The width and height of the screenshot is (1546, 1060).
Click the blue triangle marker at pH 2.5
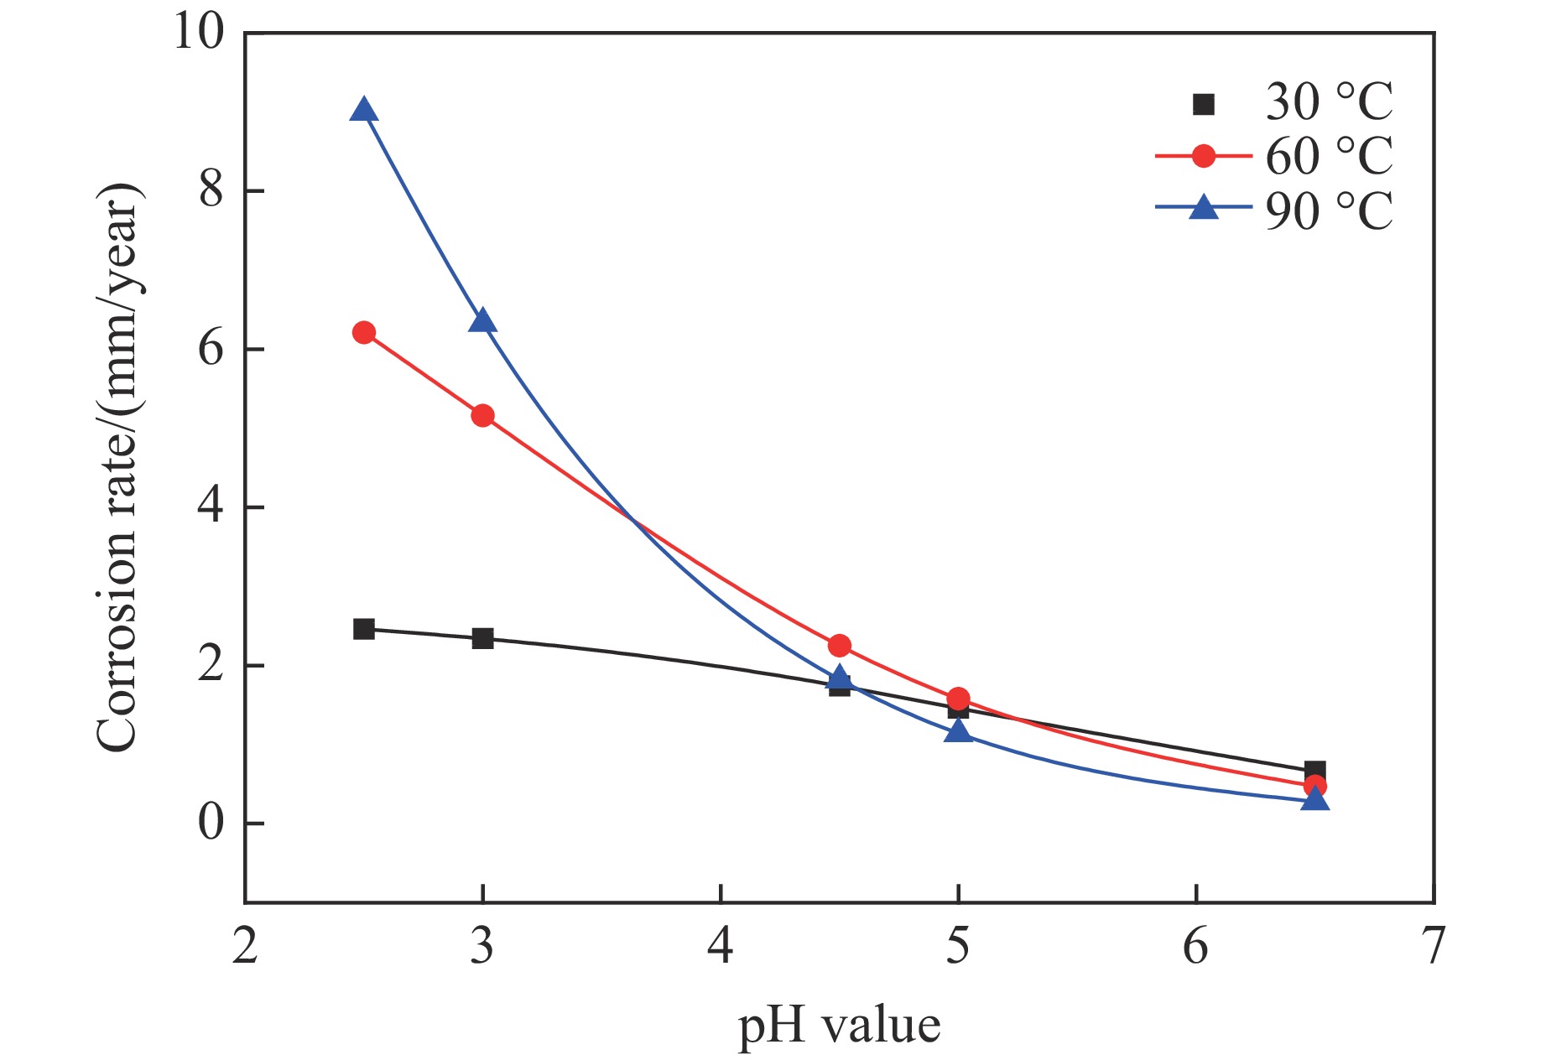pyautogui.click(x=363, y=111)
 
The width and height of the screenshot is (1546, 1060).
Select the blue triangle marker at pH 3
pyautogui.click(x=482, y=321)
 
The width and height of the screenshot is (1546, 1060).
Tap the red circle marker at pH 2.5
pyautogui.click(x=363, y=332)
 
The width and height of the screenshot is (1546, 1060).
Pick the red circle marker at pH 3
pyautogui.click(x=482, y=415)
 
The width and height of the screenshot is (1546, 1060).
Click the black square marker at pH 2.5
pyautogui.click(x=363, y=629)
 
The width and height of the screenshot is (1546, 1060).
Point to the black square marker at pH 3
pyautogui.click(x=482, y=638)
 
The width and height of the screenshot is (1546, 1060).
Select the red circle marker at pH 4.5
pyautogui.click(x=839, y=645)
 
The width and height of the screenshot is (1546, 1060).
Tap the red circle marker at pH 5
pyautogui.click(x=958, y=699)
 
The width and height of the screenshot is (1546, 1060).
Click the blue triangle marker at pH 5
pyautogui.click(x=958, y=732)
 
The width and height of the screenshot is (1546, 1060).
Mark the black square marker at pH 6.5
pyautogui.click(x=1314, y=771)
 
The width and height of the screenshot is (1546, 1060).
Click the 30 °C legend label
pyautogui.click(x=1329, y=102)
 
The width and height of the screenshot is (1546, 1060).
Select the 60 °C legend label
pyautogui.click(x=1329, y=156)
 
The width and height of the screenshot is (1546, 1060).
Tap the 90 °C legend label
pyautogui.click(x=1329, y=210)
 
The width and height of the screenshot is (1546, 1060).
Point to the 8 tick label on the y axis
pyautogui.click(x=211, y=191)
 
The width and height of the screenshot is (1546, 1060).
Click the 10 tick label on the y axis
pyautogui.click(x=200, y=33)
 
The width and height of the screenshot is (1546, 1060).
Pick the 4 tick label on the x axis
pyautogui.click(x=720, y=946)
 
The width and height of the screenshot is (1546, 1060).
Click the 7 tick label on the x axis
pyautogui.click(x=1434, y=946)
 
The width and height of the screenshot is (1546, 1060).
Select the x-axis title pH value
pyautogui.click(x=839, y=1025)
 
